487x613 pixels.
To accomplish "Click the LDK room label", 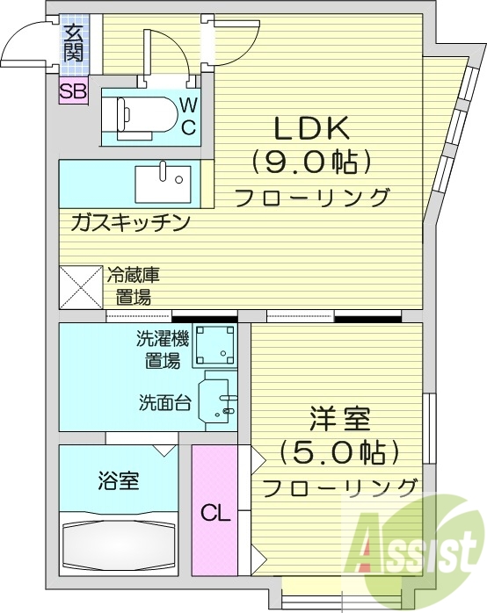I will click(x=315, y=130).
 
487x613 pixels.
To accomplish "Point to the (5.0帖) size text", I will click(x=338, y=452).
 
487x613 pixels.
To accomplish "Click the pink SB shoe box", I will click(x=73, y=90).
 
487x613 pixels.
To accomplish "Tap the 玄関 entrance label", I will click(x=74, y=45).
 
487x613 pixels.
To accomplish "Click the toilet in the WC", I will click(x=141, y=113).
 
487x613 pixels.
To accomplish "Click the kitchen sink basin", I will click(x=162, y=184).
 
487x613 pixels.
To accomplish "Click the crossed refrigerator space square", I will click(x=81, y=286).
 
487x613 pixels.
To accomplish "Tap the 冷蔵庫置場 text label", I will click(x=133, y=285).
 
